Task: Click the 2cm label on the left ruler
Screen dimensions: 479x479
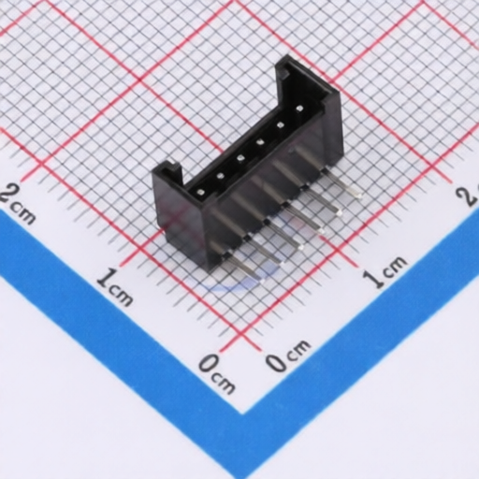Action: pyautogui.click(x=16, y=204)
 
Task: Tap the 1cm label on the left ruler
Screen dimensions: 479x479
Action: pyautogui.click(x=115, y=287)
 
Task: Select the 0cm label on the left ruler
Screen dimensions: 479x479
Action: pyautogui.click(x=217, y=373)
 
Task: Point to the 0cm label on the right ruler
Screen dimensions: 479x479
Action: pyautogui.click(x=287, y=356)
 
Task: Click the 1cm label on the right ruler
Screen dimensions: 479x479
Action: pyautogui.click(x=385, y=271)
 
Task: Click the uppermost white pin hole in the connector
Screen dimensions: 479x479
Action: pyautogui.click(x=299, y=109)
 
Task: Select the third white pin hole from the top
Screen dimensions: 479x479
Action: pyautogui.click(x=260, y=142)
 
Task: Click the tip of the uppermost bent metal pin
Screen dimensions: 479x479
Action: pyautogui.click(x=359, y=196)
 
